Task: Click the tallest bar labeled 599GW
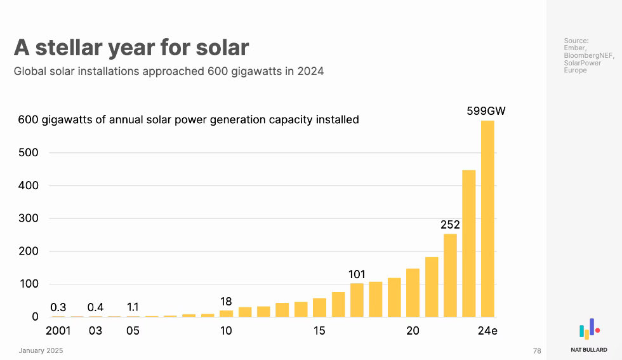pos(487,218)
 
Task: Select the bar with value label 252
pos(450,275)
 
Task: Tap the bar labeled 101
pos(357,300)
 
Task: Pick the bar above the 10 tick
pos(226,313)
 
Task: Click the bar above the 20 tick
pos(413,293)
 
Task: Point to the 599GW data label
pos(487,111)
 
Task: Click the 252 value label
pos(450,225)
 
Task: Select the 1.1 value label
pos(133,307)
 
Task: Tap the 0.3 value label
pos(58,307)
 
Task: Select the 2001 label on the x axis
pos(58,331)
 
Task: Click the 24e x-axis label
pos(487,331)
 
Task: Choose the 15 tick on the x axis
pos(319,331)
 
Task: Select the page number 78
pos(537,350)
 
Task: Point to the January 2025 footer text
pos(41,350)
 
